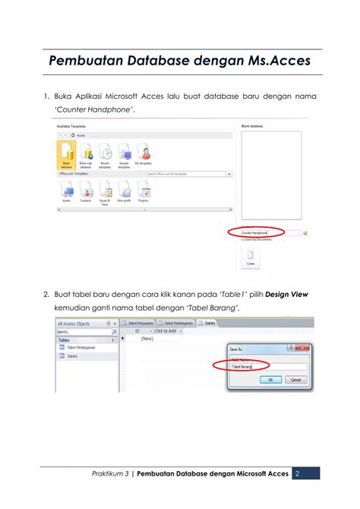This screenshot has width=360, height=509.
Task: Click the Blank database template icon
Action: [66, 152]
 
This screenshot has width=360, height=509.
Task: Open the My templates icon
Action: [142, 152]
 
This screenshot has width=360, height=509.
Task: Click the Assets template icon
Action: [66, 191]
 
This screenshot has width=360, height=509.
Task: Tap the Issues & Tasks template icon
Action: [105, 191]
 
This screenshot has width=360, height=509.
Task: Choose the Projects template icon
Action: [144, 191]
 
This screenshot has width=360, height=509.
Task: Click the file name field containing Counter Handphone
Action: [269, 233]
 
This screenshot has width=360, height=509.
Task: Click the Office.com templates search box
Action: [185, 174]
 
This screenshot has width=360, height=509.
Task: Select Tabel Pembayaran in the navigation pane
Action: [81, 348]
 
